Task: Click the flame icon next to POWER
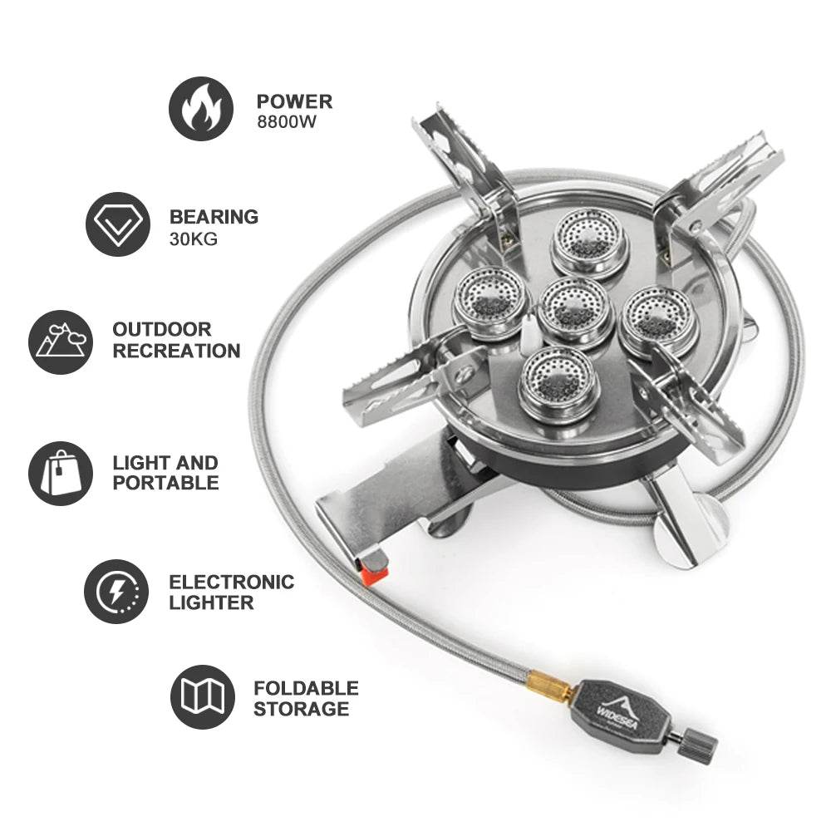tap(201, 109)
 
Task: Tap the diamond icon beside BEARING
tap(118, 224)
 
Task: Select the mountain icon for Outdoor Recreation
tap(60, 342)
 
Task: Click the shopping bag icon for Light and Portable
tap(60, 473)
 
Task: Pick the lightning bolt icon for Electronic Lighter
tap(117, 592)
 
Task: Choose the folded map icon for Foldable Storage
tap(203, 697)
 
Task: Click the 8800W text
tap(288, 122)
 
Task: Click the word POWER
tap(294, 101)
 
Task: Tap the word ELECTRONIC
tap(232, 582)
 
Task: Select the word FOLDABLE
tap(306, 688)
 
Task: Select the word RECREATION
tap(176, 351)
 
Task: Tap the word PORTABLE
tap(166, 483)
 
